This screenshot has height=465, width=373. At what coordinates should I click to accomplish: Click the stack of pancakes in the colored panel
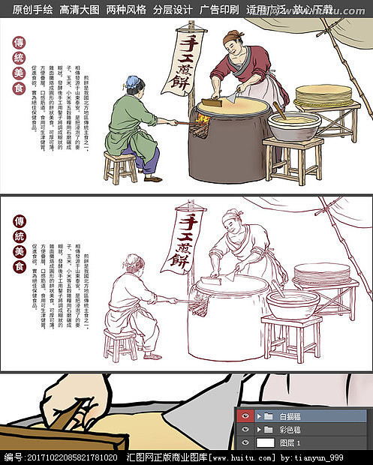(323, 96)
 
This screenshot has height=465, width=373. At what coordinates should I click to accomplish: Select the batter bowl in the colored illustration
(293, 126)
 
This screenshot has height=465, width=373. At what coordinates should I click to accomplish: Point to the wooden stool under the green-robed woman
(120, 166)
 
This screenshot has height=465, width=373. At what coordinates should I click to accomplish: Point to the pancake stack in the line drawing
(322, 274)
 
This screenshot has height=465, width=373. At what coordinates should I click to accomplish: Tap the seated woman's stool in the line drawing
(120, 345)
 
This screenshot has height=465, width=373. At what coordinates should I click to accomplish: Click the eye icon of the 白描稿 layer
(245, 415)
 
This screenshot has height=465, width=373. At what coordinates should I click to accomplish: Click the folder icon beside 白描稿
(268, 415)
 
